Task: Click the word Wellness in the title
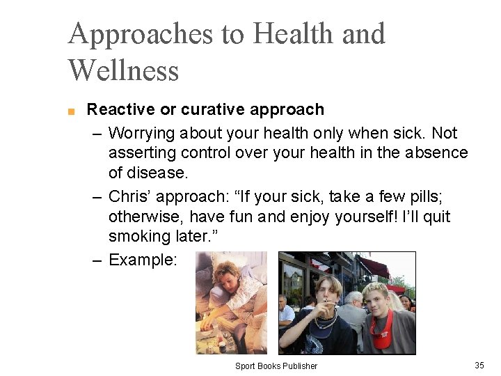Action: (x=123, y=70)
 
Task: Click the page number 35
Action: (x=479, y=365)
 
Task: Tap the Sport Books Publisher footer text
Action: (x=276, y=366)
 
